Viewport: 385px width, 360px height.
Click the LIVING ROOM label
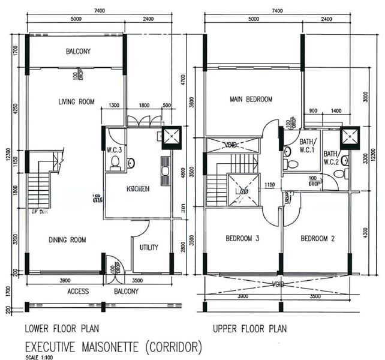72,101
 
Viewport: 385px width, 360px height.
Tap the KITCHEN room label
138,189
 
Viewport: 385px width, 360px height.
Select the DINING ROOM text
67,239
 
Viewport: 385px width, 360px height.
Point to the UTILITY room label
149,247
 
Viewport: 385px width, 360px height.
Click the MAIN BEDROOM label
251,99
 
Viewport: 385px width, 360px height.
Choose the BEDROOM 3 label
242,239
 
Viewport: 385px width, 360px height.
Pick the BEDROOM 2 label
317,239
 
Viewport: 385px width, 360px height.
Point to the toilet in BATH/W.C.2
339,173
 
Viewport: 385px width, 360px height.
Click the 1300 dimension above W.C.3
114,106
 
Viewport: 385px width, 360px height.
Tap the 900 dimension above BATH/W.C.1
314,111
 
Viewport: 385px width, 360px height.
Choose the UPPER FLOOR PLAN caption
249,329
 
